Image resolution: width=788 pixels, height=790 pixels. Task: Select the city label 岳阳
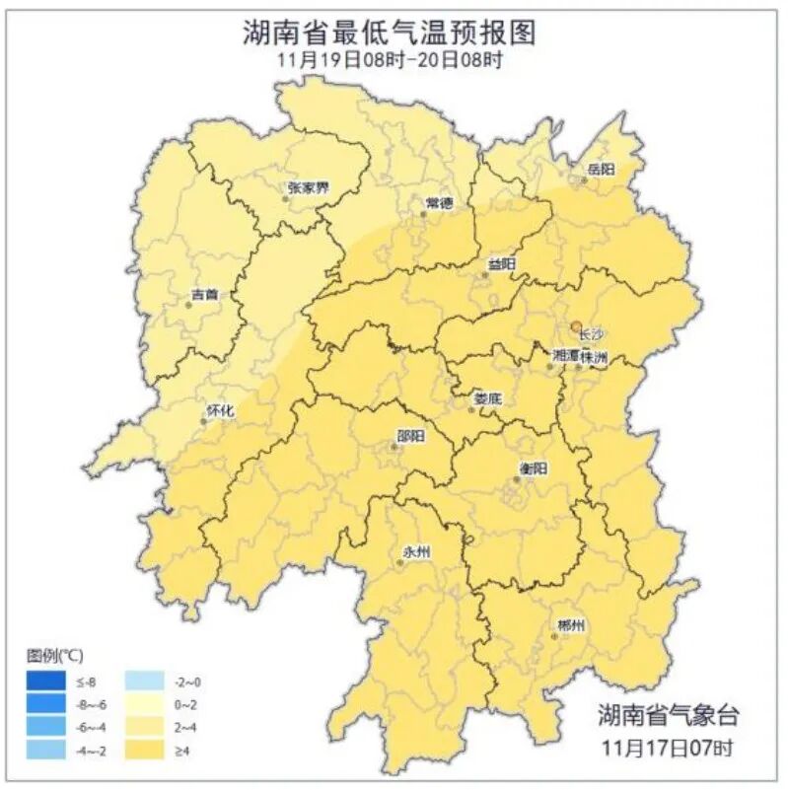coord(601,170)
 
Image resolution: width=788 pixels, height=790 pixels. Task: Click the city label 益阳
coord(501,263)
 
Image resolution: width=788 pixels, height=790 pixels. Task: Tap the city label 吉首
coord(205,294)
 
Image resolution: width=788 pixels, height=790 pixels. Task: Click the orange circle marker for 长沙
coord(576,324)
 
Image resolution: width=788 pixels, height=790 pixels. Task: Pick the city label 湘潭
coord(566,355)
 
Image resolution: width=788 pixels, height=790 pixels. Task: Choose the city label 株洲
coord(594,355)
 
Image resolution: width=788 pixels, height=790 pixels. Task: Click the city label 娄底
coord(488,399)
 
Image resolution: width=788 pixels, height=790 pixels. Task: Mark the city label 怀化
coord(220,410)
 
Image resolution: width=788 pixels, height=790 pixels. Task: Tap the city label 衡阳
coord(533,467)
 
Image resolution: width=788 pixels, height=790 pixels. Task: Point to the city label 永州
coord(418,551)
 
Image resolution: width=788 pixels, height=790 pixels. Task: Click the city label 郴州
coord(570,626)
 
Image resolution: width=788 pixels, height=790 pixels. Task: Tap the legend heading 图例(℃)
coord(55,655)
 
